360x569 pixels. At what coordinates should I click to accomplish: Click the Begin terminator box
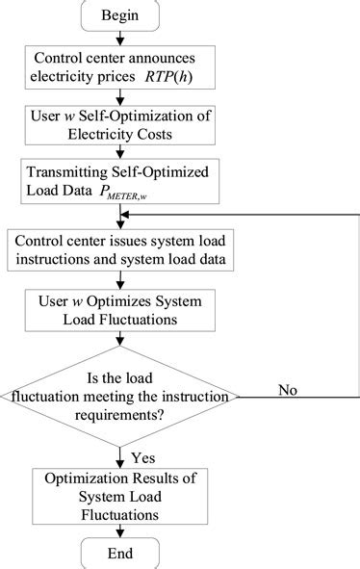pyautogui.click(x=119, y=16)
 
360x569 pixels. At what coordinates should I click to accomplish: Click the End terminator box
pyautogui.click(x=119, y=553)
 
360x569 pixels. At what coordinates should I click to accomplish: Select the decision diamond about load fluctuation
pyautogui.click(x=119, y=393)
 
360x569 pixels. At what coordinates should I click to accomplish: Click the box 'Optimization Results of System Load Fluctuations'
pyautogui.click(x=119, y=495)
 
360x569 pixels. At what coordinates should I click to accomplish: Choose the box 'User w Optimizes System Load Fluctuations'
pyautogui.click(x=119, y=308)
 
